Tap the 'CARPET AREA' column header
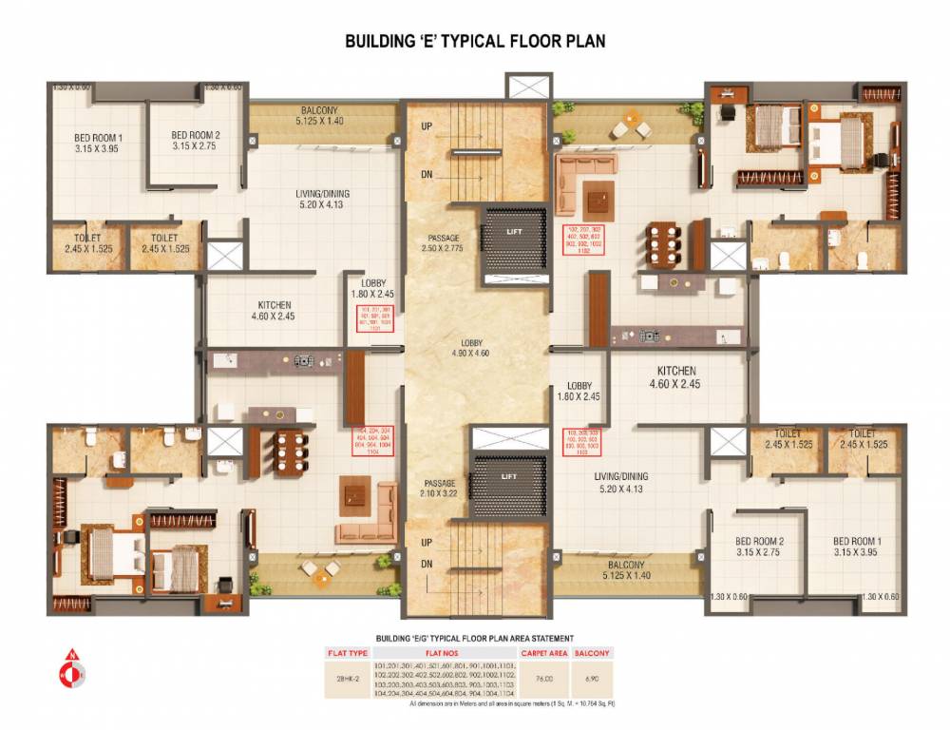[545, 653]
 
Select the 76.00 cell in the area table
[545, 679]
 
